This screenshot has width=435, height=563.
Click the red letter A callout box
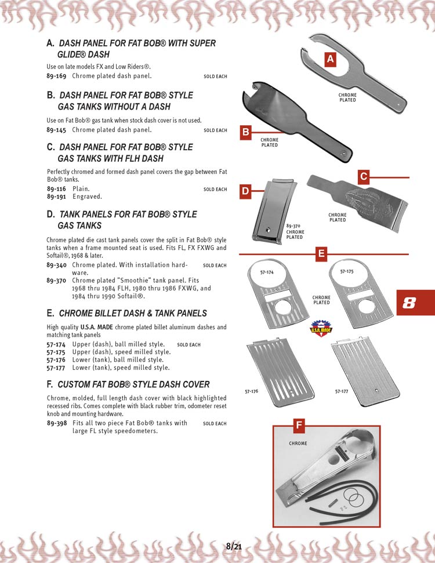click(x=329, y=59)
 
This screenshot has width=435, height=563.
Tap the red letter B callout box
click(x=245, y=133)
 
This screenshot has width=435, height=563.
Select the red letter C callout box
click(x=364, y=177)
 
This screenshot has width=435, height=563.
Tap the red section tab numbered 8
click(x=410, y=303)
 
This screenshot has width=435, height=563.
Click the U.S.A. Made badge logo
click(x=318, y=328)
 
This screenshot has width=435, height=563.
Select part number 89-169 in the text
click(x=56, y=76)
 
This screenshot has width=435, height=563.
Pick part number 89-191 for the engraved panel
click(x=56, y=197)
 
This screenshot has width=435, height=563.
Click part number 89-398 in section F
click(x=56, y=423)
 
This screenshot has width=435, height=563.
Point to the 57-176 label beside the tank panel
click(x=252, y=392)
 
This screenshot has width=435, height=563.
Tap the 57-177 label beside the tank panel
click(x=342, y=392)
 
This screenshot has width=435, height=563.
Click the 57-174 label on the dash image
click(x=266, y=273)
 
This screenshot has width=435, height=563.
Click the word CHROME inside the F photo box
click(x=298, y=444)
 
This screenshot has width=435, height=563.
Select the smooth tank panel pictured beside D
click(x=267, y=212)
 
